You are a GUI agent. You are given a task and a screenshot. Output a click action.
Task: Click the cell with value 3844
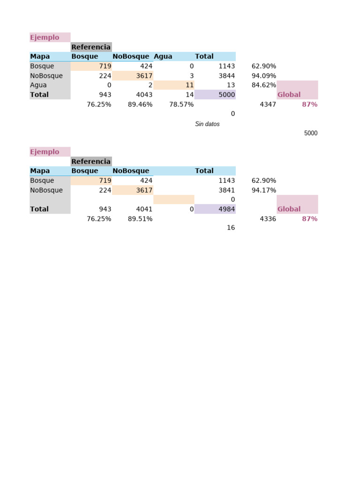coord(226,75)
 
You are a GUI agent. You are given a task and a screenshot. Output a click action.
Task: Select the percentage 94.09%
coord(263,75)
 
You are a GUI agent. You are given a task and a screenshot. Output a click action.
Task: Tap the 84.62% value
coord(263,85)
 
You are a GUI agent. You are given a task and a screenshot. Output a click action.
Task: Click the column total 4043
coord(144,95)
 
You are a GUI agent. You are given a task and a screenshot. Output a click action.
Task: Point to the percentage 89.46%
coord(140,105)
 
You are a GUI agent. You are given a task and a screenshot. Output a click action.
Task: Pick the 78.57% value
coord(181,105)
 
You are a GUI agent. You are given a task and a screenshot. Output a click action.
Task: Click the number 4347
coord(268,105)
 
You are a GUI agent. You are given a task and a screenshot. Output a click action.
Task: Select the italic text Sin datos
coord(207,124)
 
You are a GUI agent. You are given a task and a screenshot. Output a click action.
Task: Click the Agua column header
coord(163,56)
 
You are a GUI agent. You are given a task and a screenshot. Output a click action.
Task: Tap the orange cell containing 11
coord(174,85)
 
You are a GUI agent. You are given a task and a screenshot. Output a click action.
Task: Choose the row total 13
coord(231,85)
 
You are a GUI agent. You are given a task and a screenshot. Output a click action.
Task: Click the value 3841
coord(226,190)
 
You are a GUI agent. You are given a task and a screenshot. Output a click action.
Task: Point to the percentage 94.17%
coord(263,190)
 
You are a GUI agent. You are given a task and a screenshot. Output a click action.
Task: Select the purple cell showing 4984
coord(215,209)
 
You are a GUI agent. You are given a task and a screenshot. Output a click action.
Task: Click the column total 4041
coord(144,209)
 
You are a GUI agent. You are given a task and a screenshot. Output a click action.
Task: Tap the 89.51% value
coord(140,219)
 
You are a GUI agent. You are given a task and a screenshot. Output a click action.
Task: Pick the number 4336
coord(268,219)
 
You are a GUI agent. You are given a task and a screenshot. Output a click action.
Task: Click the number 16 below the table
coord(231,227)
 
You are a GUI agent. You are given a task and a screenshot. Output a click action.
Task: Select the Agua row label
coord(38,85)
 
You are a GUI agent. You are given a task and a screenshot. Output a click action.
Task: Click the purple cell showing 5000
coord(215,94)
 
